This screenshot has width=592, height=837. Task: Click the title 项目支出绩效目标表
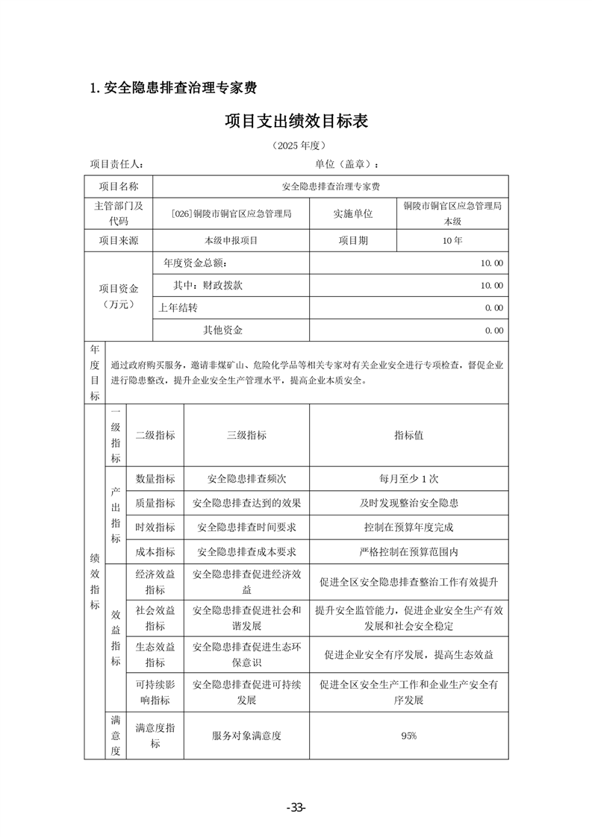[x=296, y=121]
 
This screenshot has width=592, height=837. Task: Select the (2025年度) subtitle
[x=296, y=145]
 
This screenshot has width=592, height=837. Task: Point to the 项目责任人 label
[x=117, y=165]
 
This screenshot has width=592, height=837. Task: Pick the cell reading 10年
[x=452, y=241]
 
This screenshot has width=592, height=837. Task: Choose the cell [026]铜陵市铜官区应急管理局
[x=231, y=214]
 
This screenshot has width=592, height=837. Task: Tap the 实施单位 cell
[x=353, y=214]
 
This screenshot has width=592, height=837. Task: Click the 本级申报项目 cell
[x=231, y=241]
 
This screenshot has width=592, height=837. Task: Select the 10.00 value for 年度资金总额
[x=492, y=263]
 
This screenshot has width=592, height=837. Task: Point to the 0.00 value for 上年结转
[x=493, y=308]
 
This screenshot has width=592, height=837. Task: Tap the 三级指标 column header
[x=246, y=436]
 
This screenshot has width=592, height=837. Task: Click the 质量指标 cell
[x=155, y=504]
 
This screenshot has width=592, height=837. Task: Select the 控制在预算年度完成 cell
[x=408, y=527]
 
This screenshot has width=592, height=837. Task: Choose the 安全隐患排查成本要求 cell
[x=246, y=552]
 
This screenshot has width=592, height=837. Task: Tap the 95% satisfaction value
[x=408, y=736]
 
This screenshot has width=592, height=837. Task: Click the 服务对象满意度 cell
[x=246, y=736]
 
